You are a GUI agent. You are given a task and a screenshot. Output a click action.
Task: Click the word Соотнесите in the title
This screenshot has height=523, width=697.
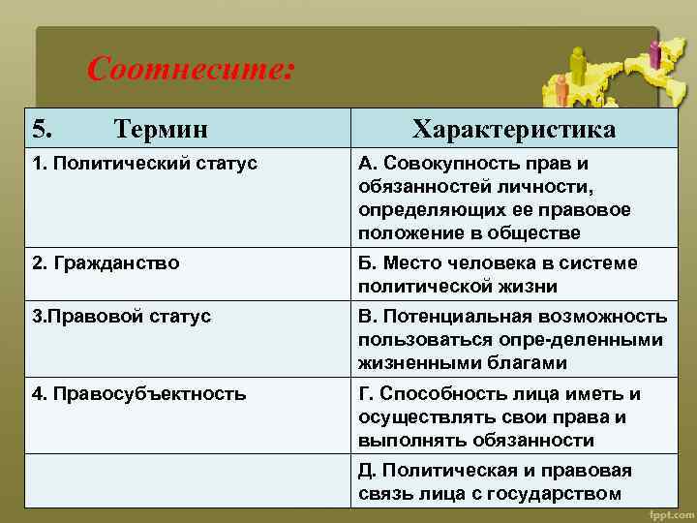tap(190, 70)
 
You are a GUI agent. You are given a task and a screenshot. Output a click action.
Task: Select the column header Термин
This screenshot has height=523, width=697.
tap(160, 129)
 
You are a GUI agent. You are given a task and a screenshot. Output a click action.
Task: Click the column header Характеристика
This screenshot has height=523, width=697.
tap(513, 129)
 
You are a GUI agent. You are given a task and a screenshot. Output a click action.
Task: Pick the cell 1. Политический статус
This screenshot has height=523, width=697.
tap(144, 164)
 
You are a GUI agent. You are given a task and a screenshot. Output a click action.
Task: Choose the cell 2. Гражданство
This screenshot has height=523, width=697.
tap(106, 262)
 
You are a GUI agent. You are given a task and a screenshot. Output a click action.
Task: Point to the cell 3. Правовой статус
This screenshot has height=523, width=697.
tap(121, 317)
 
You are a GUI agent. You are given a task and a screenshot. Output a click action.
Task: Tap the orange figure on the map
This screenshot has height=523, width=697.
tap(561, 89)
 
